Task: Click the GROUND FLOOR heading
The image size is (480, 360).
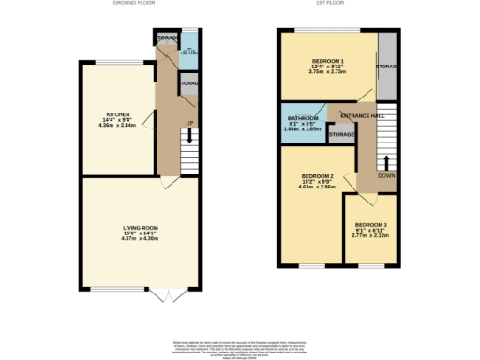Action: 133,3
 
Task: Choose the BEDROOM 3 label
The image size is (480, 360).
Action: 370,225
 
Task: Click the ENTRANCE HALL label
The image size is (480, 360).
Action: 362,114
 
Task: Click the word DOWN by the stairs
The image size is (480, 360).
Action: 386,174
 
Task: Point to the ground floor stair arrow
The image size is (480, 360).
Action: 189,138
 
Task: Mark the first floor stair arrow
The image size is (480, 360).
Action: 386,161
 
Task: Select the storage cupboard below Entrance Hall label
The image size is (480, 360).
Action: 341,135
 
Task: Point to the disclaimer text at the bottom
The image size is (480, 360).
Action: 240,346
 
